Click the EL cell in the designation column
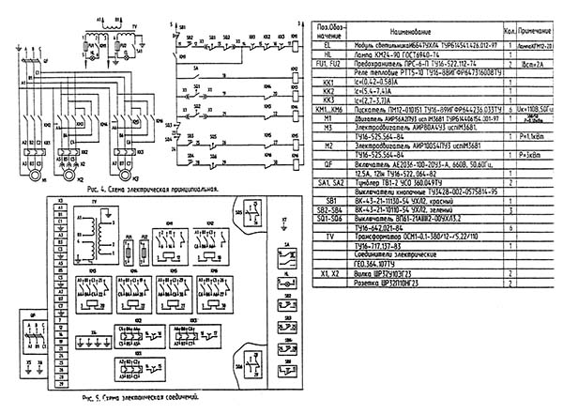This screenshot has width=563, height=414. pos(327,44)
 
